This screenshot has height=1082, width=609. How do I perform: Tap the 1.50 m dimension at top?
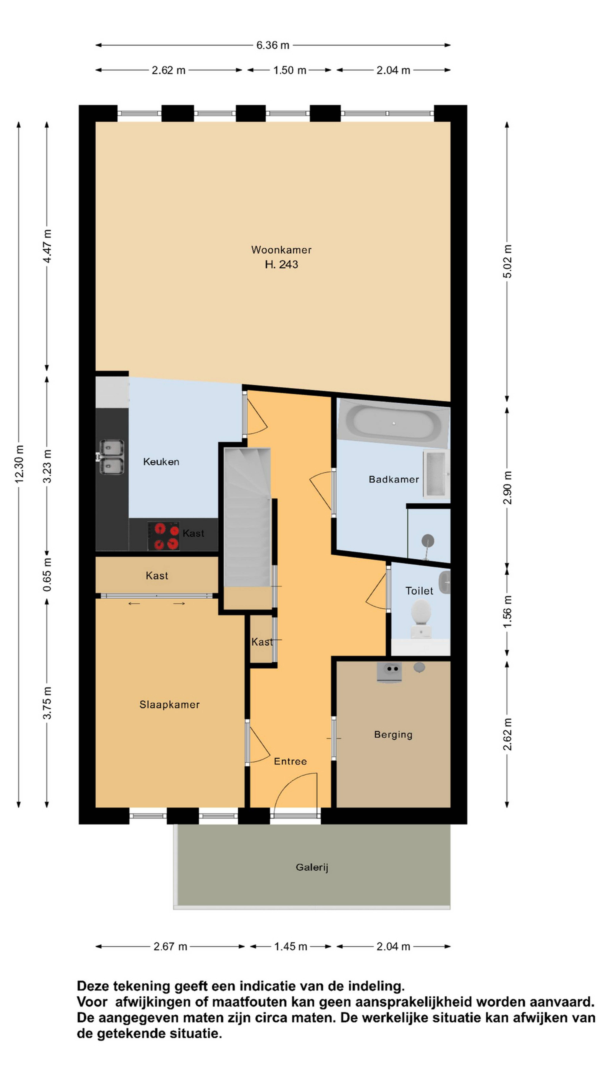coord(290,70)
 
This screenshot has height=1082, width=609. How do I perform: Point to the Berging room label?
coord(393,735)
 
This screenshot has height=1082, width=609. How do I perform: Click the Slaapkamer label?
coord(169,704)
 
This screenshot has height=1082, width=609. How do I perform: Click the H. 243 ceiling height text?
coord(281,264)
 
